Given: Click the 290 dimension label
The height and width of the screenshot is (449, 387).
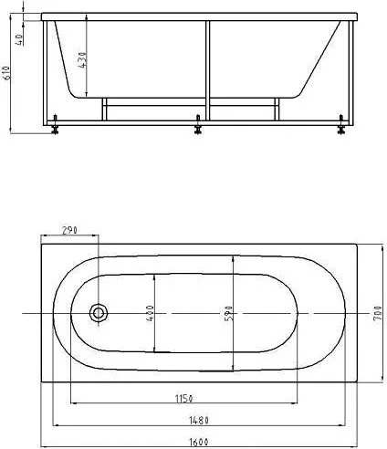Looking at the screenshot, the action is click(69, 230).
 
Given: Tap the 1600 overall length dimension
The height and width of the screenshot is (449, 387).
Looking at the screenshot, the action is click(199, 443).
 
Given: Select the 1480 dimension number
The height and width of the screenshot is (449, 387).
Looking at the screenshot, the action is click(199, 421).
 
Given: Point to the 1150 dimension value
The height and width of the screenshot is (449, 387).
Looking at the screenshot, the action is click(183, 398).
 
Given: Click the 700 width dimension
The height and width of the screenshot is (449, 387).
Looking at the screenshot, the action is click(377, 315).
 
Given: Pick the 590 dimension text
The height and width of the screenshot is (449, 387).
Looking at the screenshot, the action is click(228, 313).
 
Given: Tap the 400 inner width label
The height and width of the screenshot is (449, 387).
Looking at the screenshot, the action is click(151, 314).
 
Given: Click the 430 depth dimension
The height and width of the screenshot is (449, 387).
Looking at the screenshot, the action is click(82, 60).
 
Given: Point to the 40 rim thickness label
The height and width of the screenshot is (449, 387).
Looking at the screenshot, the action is click(19, 40).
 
